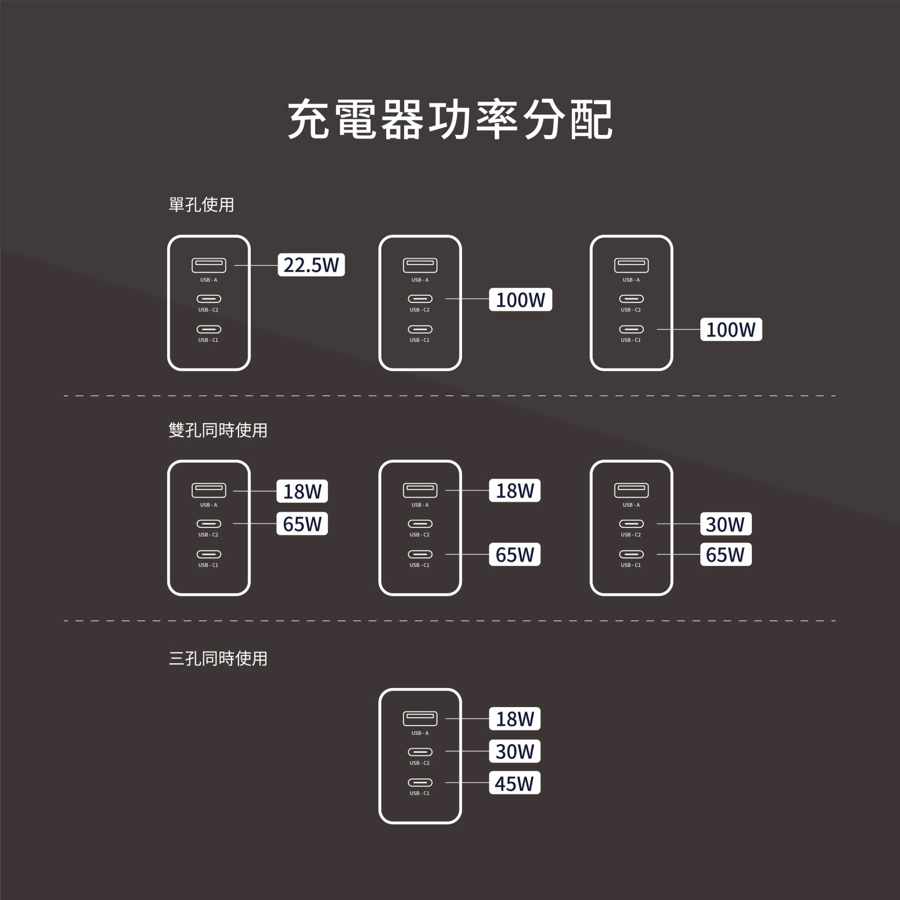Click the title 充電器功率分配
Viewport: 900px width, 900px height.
click(x=450, y=119)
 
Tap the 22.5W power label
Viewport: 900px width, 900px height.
click(x=311, y=265)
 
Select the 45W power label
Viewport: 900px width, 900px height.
click(x=514, y=783)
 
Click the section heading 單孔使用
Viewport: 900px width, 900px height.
click(x=201, y=204)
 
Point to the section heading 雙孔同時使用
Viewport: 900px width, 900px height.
click(x=218, y=430)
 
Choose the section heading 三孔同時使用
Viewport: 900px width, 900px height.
click(x=218, y=658)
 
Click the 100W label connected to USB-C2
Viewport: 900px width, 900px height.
click(x=520, y=300)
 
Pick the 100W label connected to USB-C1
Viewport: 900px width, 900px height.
click(x=731, y=329)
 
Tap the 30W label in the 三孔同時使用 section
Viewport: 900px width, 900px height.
click(x=514, y=751)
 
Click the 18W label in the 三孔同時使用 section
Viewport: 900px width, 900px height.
click(x=514, y=719)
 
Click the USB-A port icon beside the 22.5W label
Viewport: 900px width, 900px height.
click(x=209, y=265)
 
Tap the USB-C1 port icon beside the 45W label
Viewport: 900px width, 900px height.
click(x=420, y=783)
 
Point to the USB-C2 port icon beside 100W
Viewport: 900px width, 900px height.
click(x=420, y=298)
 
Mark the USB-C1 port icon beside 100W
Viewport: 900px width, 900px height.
click(x=631, y=329)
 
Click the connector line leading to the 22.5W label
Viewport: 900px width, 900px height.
click(x=256, y=265)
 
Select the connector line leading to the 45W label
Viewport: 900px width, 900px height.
click(x=467, y=783)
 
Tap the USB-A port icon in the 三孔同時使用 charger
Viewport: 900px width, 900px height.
click(x=420, y=719)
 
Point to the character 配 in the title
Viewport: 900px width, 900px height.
click(x=591, y=119)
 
